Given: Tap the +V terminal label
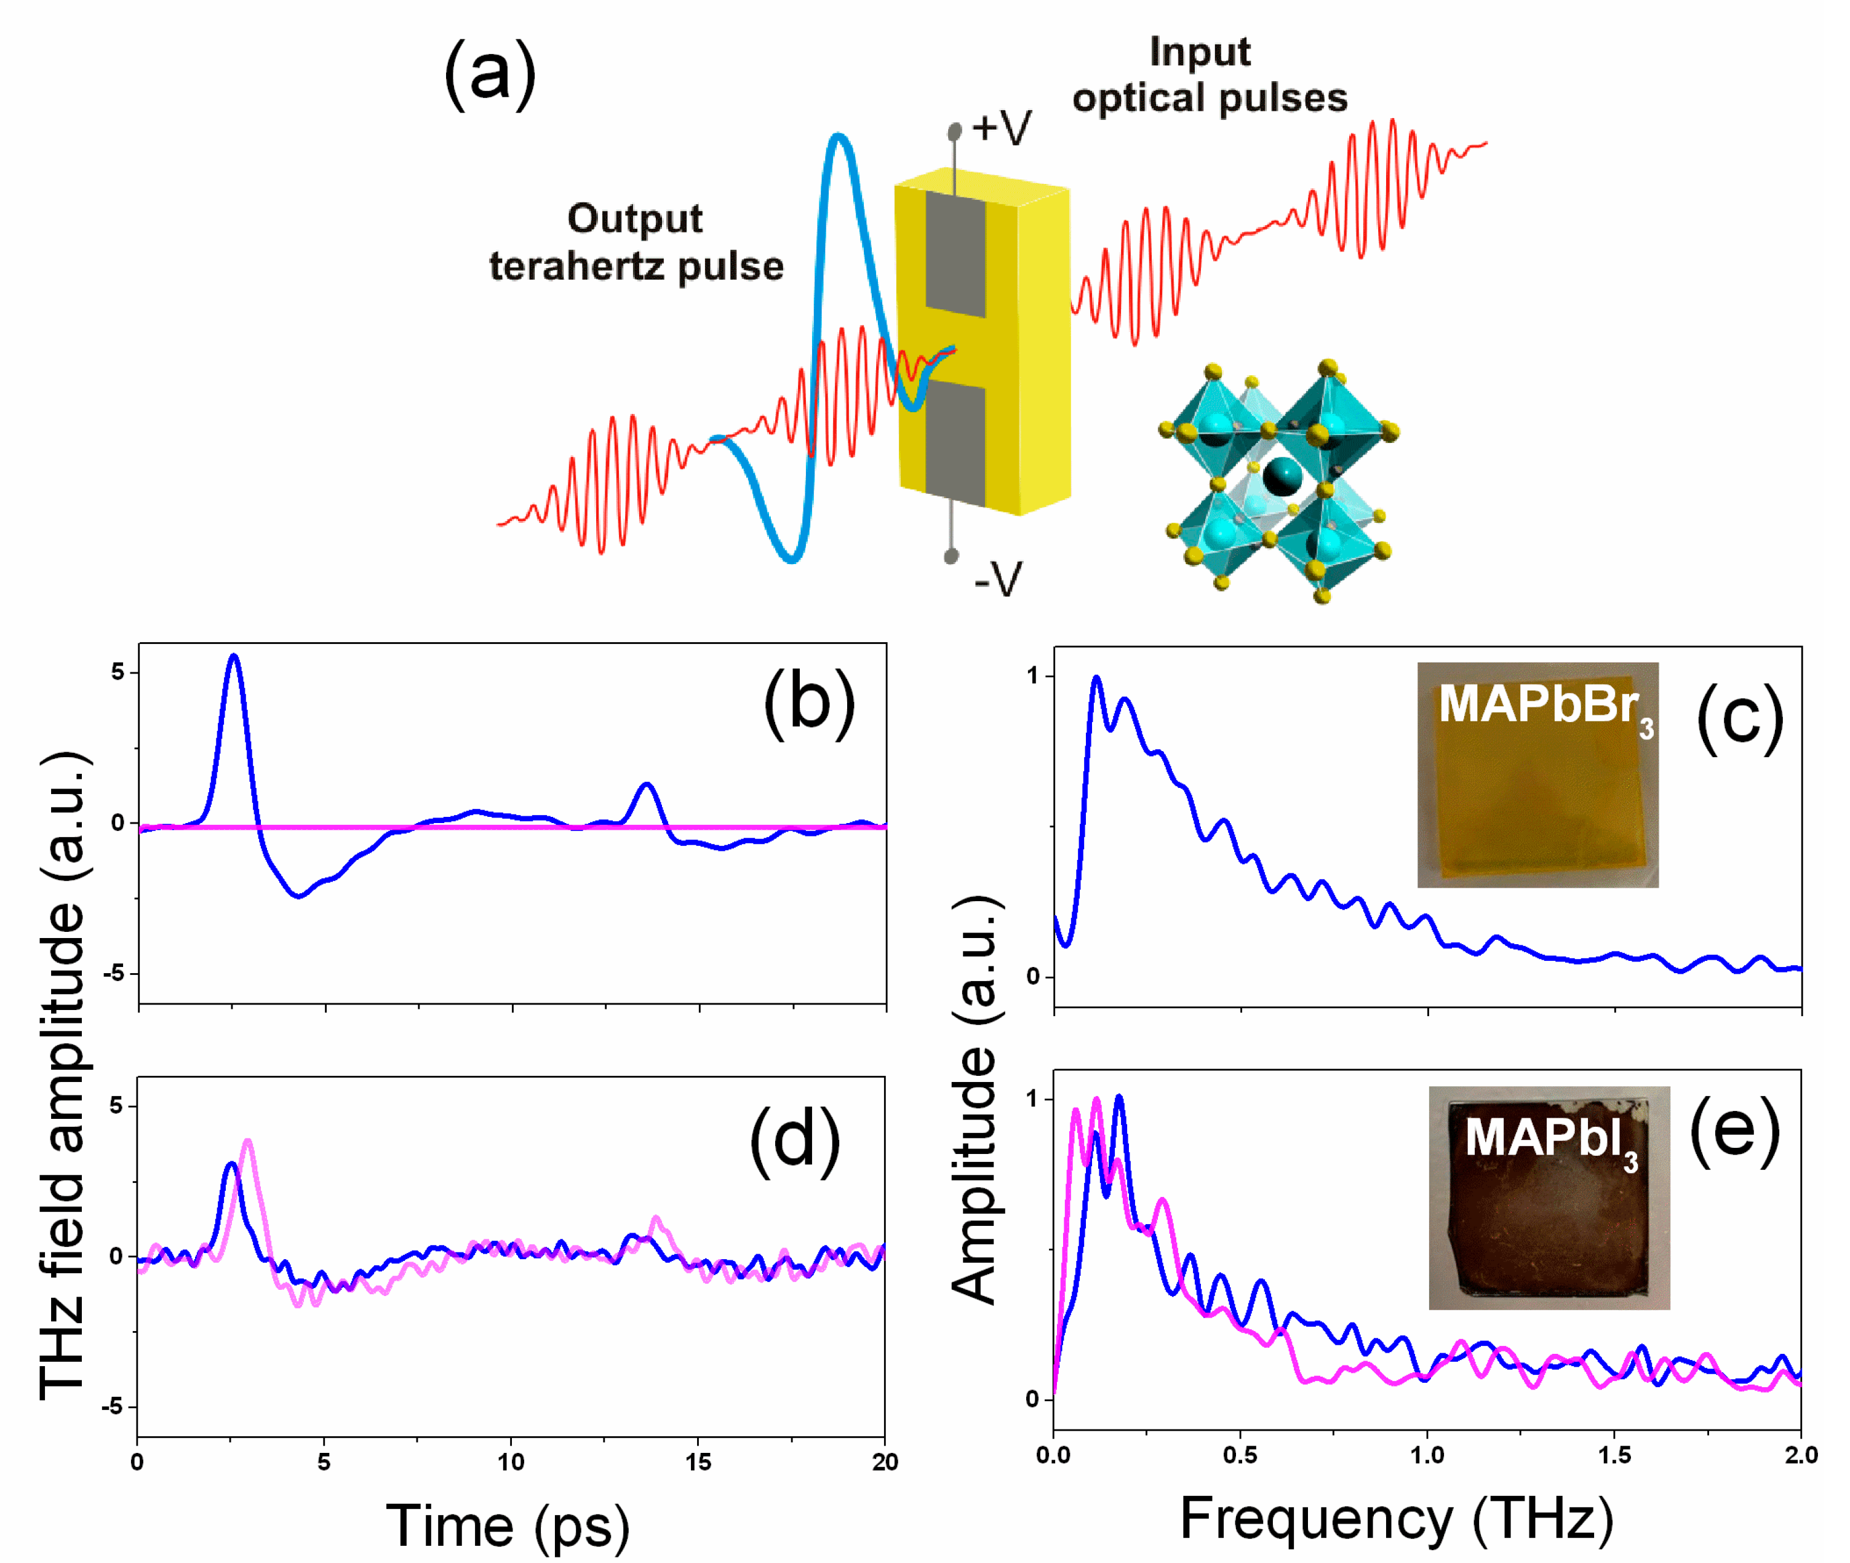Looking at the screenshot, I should point(1001,129).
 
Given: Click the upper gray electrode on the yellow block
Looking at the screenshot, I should point(955,253).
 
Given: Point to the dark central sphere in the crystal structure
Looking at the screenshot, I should point(1282,477).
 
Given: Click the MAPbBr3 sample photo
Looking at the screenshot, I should point(1537,774).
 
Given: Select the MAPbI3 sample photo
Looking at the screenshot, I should point(1549,1198).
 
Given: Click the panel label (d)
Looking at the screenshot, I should point(795,1141).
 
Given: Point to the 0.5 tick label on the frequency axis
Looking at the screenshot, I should point(1240,1455).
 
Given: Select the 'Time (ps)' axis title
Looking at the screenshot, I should point(508,1525).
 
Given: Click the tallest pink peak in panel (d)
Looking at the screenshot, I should point(248,1143).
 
